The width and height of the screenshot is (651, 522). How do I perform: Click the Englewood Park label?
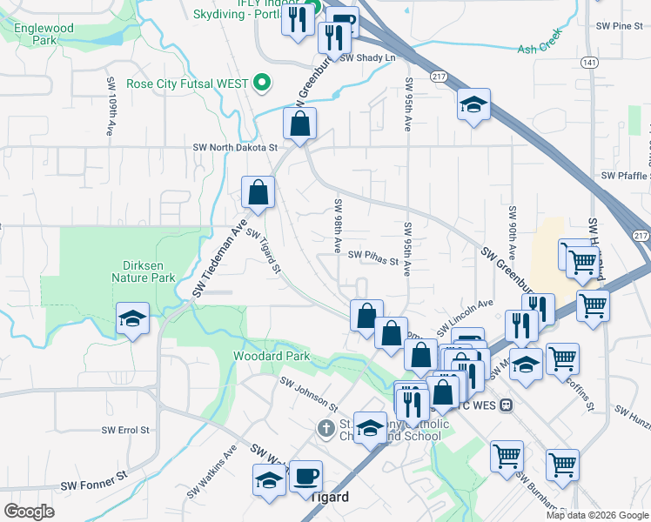pyautogui.click(x=44, y=34)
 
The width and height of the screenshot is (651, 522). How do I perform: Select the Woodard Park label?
pyautogui.click(x=271, y=356)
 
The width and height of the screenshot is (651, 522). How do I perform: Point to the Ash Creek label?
pyautogui.click(x=540, y=50)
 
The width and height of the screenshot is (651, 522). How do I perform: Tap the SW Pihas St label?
pyautogui.click(x=372, y=258)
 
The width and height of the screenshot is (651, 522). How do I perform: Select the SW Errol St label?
pyautogui.click(x=125, y=430)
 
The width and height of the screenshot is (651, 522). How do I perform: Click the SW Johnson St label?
pyautogui.click(x=308, y=393)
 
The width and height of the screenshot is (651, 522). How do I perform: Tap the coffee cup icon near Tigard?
pyautogui.click(x=305, y=476)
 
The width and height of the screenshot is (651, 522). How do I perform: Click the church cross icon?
pyautogui.click(x=325, y=428)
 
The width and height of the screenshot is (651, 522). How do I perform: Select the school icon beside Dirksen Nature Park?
pyautogui.click(x=132, y=318)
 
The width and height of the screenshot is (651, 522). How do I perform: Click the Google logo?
pyautogui.click(x=29, y=511)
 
